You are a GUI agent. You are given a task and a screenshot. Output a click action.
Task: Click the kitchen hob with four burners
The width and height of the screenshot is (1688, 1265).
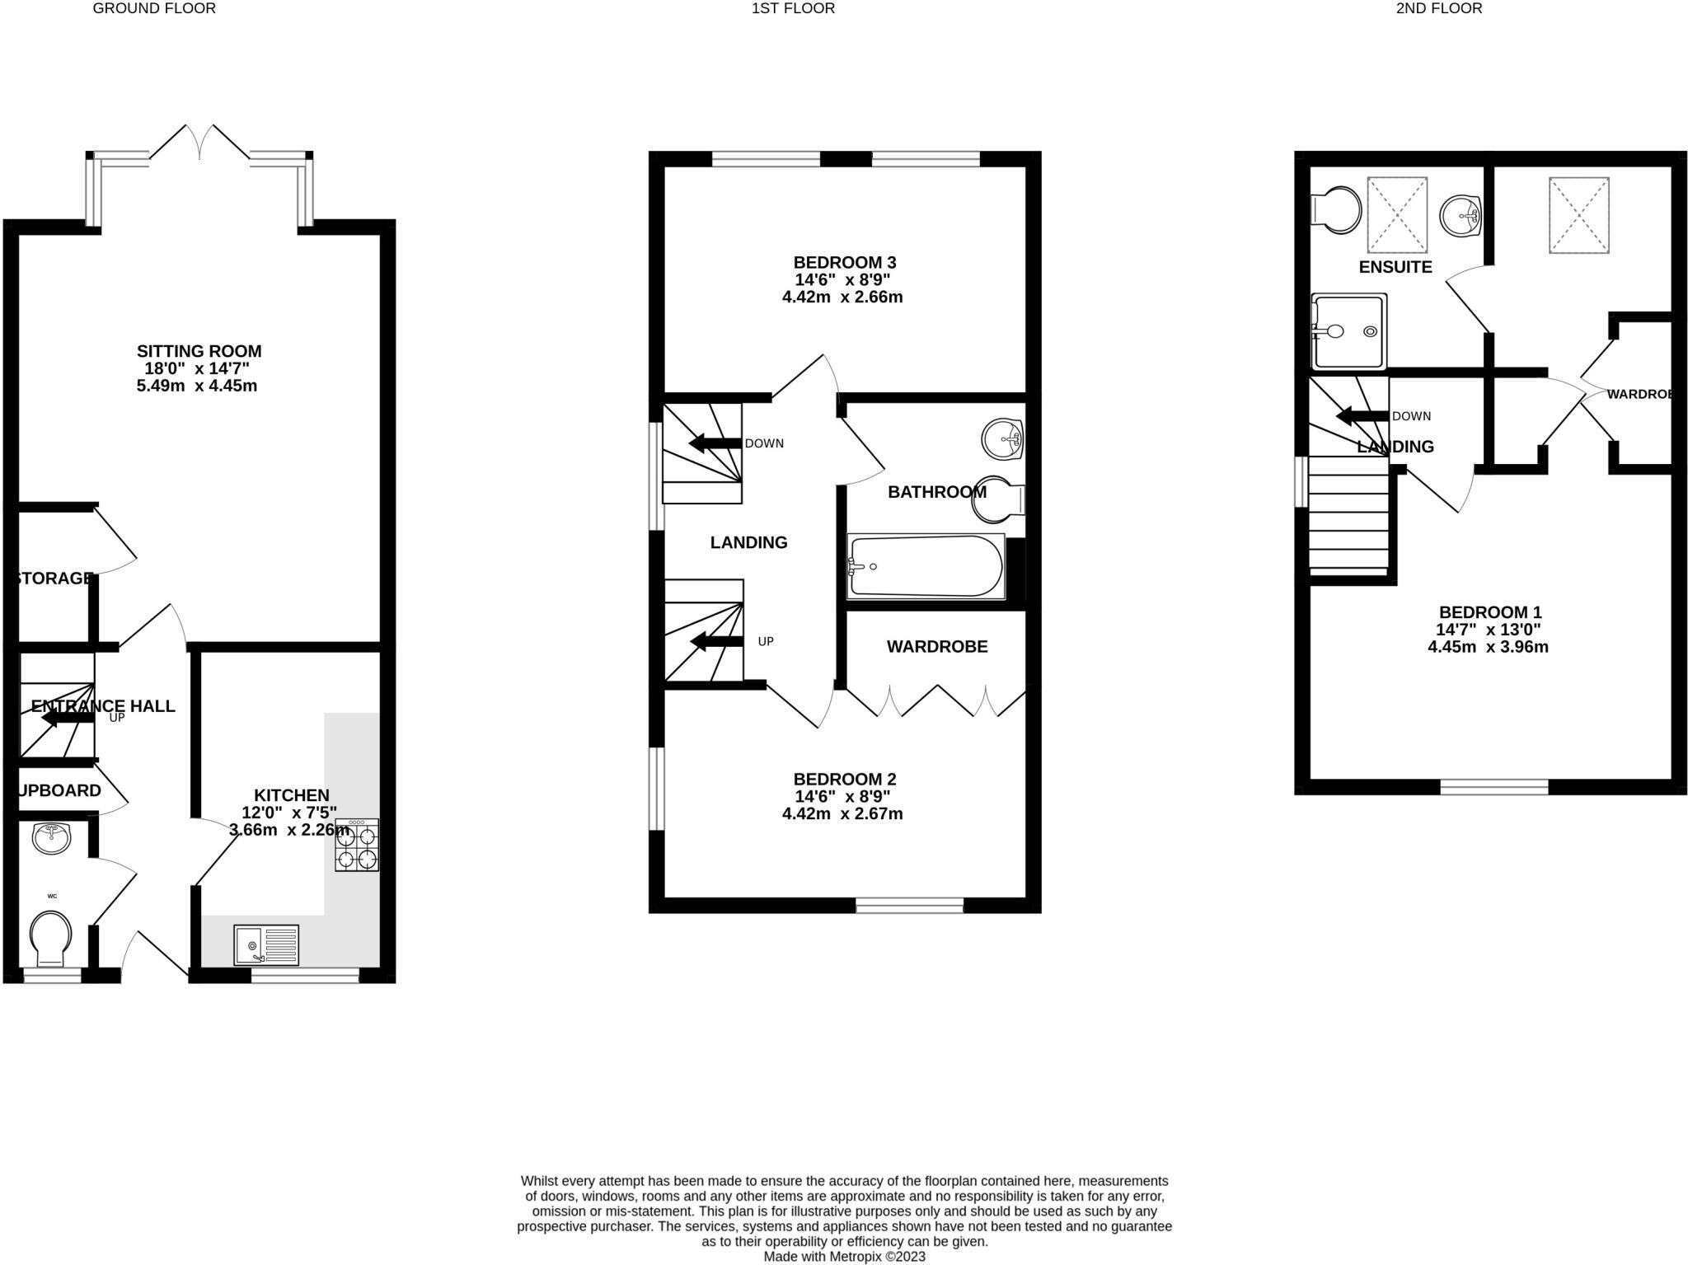click(x=357, y=845)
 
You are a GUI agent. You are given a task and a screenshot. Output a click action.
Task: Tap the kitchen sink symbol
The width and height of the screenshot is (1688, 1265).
click(x=266, y=944)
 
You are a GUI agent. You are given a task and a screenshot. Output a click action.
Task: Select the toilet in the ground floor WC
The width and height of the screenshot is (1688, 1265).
click(x=50, y=937)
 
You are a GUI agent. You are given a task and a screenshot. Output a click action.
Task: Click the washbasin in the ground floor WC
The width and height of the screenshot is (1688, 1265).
click(x=51, y=838)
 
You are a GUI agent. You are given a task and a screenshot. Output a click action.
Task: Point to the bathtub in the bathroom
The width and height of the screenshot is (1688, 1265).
click(x=926, y=566)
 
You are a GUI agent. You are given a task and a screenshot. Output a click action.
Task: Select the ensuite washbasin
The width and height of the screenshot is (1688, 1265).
click(x=1461, y=216)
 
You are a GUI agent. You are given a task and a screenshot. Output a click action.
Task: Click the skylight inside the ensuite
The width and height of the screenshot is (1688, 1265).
click(x=1397, y=214)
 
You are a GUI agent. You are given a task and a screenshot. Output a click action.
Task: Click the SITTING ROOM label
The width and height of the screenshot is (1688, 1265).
click(x=199, y=351)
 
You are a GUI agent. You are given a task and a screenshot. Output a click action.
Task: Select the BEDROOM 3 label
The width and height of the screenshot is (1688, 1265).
click(x=844, y=262)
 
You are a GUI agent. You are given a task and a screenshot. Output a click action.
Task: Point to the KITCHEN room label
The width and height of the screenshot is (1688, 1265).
click(x=291, y=795)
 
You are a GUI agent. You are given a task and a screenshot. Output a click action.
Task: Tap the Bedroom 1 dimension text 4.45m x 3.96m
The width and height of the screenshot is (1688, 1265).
click(x=1488, y=647)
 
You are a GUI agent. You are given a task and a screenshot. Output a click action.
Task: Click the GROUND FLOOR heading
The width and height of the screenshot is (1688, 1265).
click(x=154, y=8)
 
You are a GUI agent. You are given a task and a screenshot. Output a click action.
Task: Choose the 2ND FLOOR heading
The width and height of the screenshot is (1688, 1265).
click(x=1439, y=8)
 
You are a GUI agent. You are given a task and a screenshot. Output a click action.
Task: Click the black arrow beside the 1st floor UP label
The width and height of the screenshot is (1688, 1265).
click(x=716, y=642)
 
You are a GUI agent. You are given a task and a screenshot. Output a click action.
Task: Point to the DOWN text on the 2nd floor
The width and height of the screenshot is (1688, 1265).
click(x=1411, y=416)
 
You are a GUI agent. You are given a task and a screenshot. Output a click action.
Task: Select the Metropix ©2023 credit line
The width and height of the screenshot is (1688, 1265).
click(x=844, y=1257)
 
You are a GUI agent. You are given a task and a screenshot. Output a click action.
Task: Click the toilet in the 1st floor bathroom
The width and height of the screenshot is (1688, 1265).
click(x=997, y=499)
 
